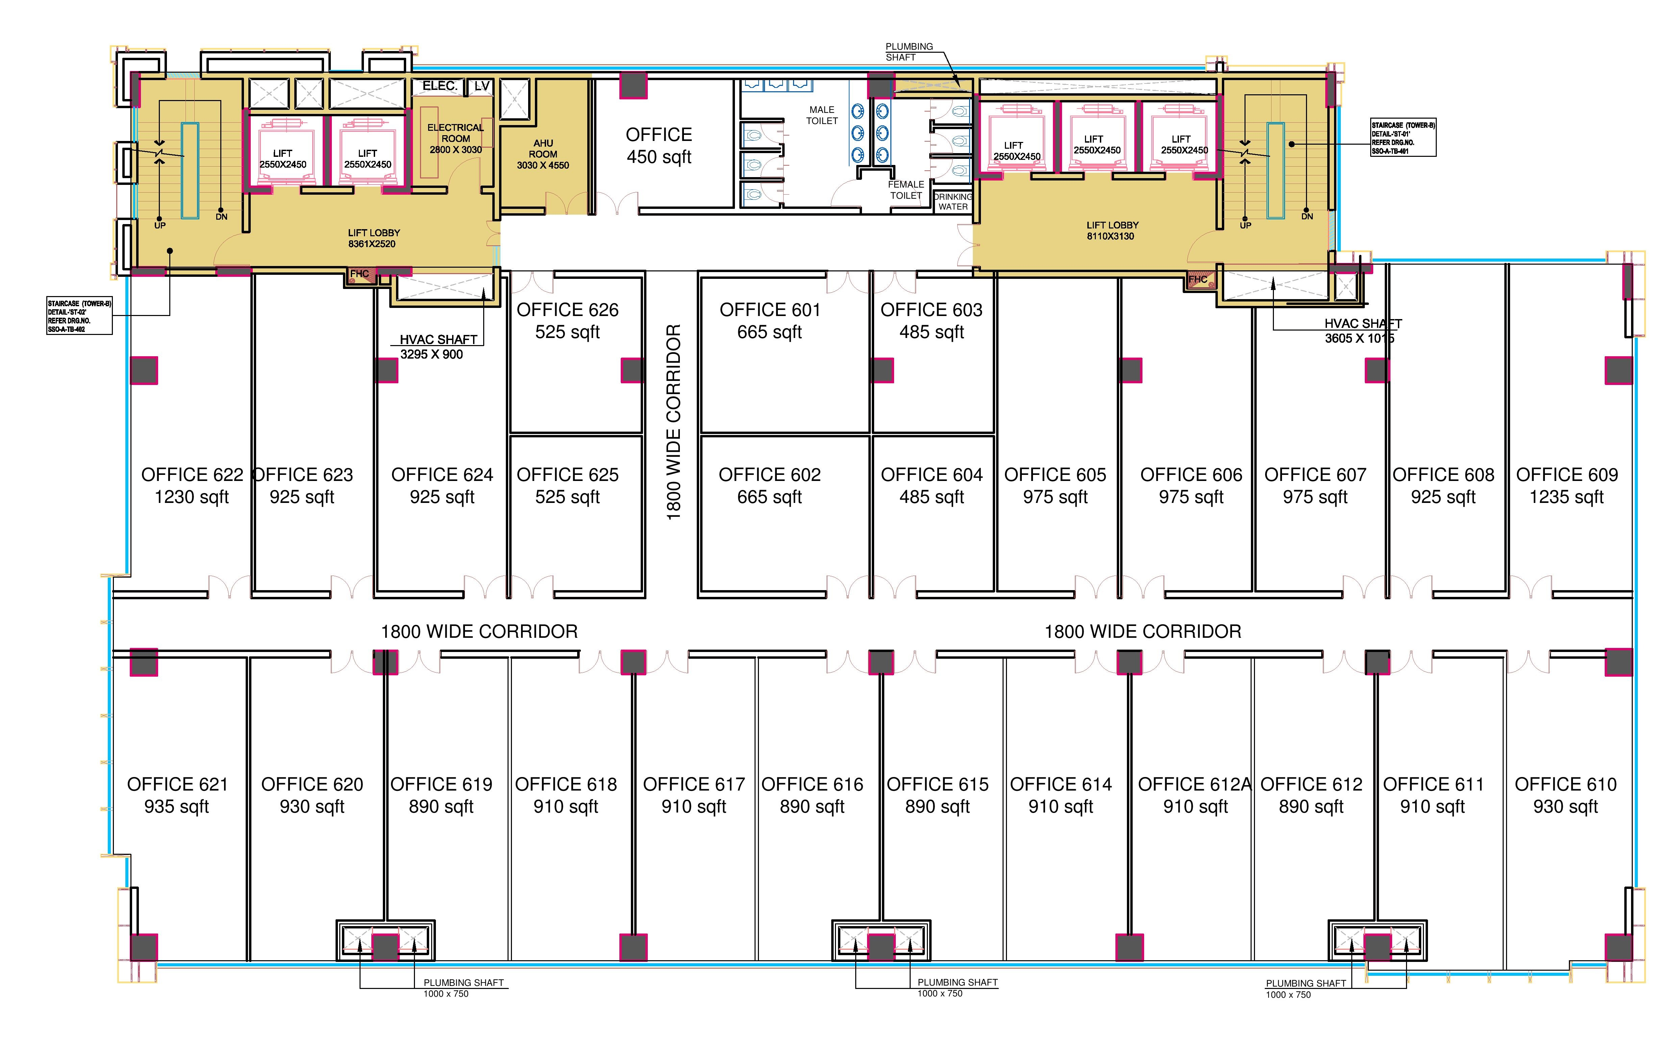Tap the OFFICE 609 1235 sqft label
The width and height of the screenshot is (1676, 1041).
[x=1567, y=485]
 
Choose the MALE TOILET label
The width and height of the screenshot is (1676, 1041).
[x=822, y=115]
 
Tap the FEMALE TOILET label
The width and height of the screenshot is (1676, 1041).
[x=906, y=190]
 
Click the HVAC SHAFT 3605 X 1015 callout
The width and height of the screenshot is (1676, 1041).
[x=1361, y=331]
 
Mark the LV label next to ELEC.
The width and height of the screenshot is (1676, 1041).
[x=481, y=86]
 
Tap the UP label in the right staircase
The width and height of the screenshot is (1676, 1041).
[x=1245, y=225]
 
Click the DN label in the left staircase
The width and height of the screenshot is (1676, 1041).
[x=221, y=217]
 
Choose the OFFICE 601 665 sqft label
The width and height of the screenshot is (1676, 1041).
[x=769, y=321]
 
